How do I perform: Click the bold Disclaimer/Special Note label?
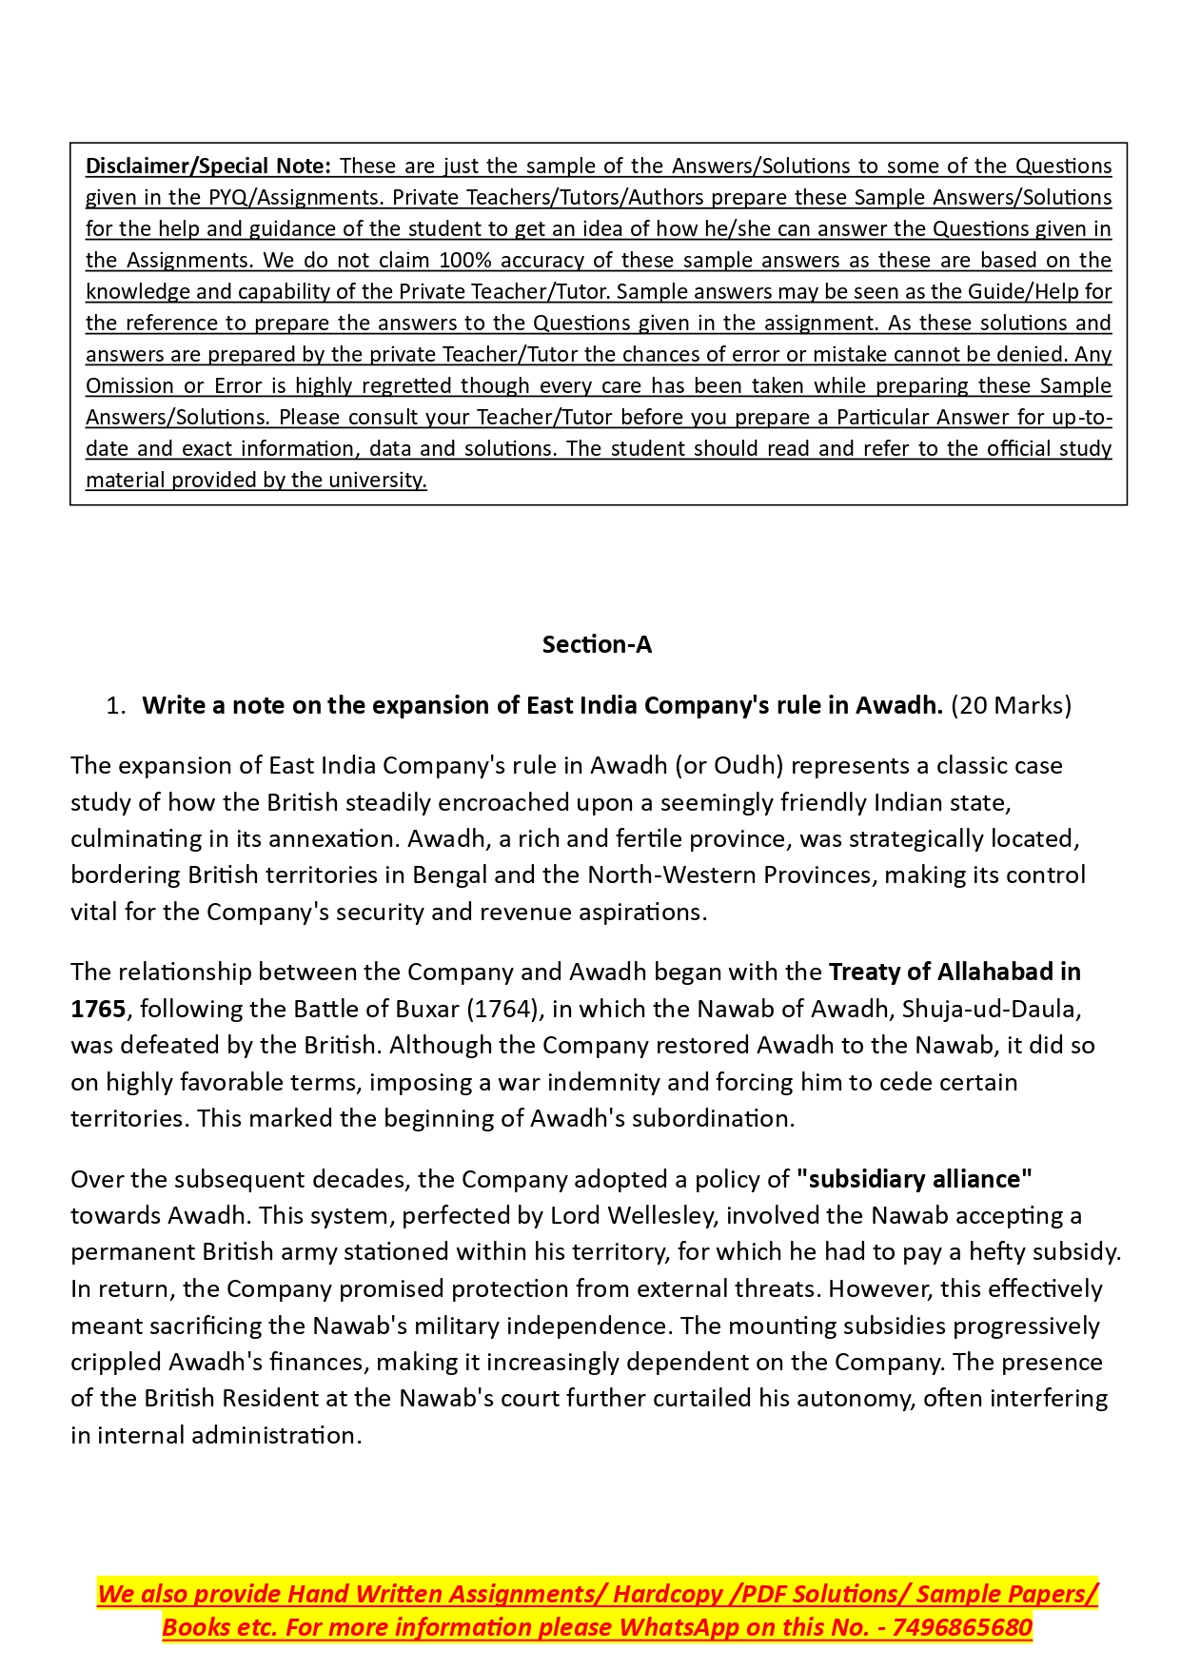pyautogui.click(x=207, y=166)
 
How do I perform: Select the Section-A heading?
pyautogui.click(x=597, y=644)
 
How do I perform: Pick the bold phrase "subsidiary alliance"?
pyautogui.click(x=915, y=1179)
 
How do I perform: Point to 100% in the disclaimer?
pyautogui.click(x=465, y=260)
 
